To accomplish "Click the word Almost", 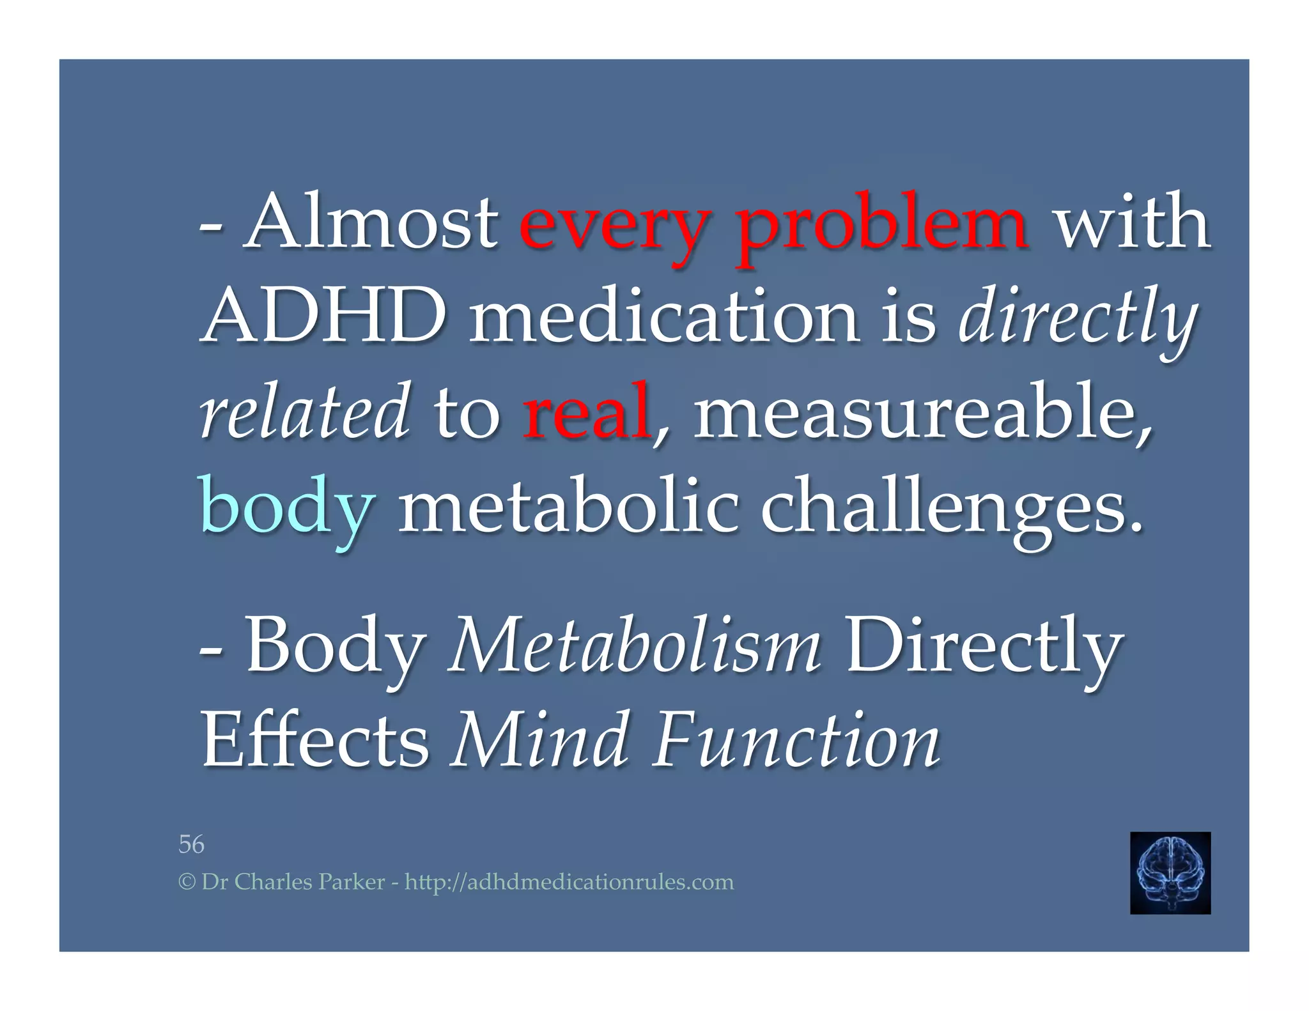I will [371, 222].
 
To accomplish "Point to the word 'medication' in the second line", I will [665, 316].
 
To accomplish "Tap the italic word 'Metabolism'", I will [634, 645].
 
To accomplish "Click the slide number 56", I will [191, 844].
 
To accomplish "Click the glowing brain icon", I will [1170, 872].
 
